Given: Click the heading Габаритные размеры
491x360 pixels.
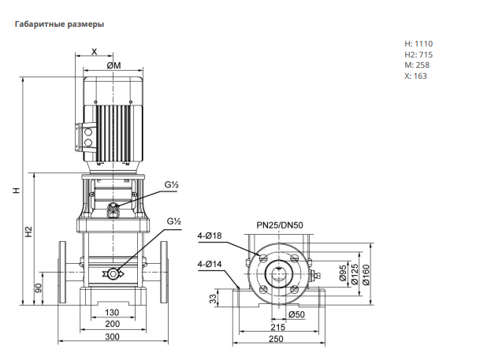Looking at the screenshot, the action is (x=59, y=24).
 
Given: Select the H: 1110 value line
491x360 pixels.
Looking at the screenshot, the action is (x=418, y=44).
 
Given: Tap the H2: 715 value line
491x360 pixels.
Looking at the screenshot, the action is (x=418, y=55).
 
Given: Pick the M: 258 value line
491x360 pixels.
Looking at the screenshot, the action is (x=417, y=65).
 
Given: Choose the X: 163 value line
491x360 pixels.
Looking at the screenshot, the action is (x=415, y=76).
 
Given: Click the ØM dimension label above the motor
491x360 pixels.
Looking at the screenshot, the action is (x=113, y=65).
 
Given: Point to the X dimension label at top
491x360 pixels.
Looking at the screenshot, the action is (x=94, y=52).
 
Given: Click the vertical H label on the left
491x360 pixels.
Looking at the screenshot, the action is (x=17, y=190).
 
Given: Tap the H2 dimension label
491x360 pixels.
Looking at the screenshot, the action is (x=29, y=232).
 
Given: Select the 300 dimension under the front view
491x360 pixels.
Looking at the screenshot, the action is (x=112, y=336).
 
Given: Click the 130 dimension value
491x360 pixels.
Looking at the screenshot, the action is (x=112, y=313).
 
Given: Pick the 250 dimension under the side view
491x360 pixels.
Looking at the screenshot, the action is (x=276, y=339).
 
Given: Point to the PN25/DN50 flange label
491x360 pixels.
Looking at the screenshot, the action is (x=280, y=225).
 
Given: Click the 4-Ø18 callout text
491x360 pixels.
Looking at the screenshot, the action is (x=210, y=236).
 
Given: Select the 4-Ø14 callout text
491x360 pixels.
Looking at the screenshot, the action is (x=210, y=264).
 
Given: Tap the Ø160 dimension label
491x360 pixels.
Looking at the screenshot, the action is (x=366, y=275).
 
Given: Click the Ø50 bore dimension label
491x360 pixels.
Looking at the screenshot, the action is (x=296, y=314).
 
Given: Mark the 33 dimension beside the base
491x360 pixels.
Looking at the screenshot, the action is (x=213, y=299).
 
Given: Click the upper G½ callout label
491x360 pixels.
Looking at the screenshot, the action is (x=171, y=184).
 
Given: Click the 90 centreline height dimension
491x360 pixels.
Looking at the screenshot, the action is (x=39, y=288).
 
